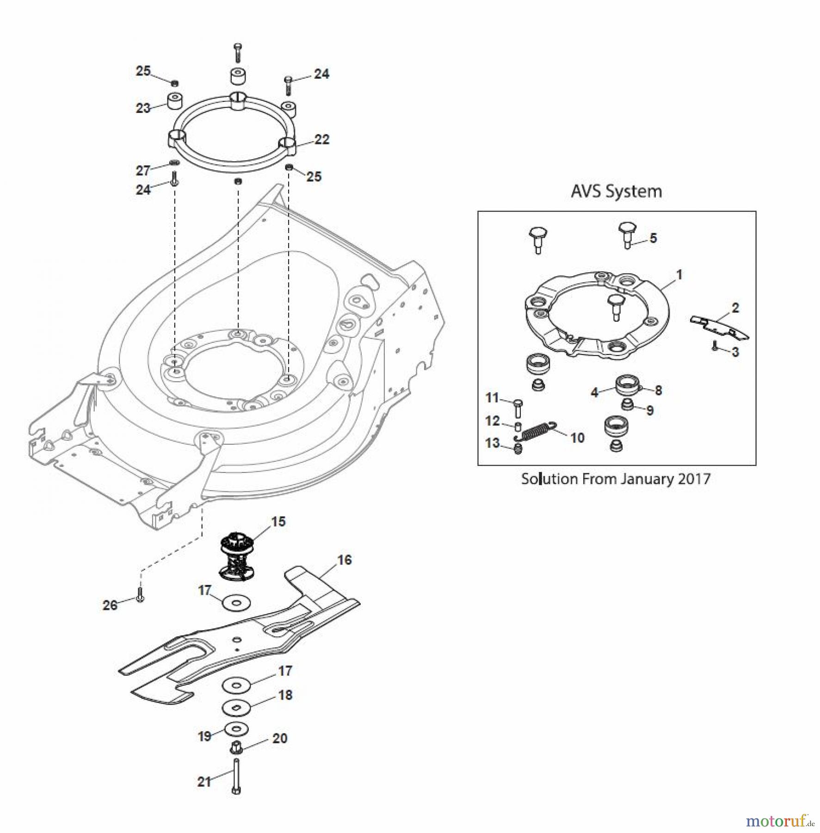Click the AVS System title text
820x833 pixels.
pos(616,191)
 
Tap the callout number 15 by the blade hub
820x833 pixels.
pos(278,522)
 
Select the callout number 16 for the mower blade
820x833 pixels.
pos(344,560)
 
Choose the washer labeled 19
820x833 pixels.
pos(236,729)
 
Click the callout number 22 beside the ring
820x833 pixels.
pos(321,139)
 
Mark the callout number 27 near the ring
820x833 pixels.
pos(143,170)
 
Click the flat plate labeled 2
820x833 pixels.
pos(720,327)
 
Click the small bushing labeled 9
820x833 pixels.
pos(627,405)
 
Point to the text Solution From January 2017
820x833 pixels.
pos(616,479)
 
